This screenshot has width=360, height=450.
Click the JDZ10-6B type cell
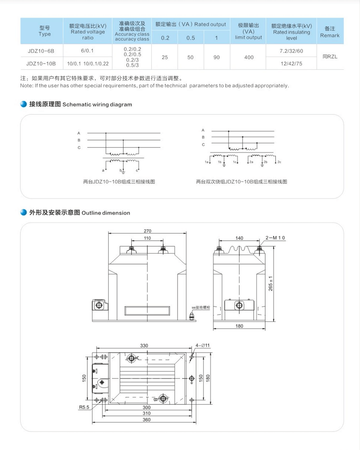[x=41, y=51]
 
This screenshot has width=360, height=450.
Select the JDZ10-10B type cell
[x=41, y=63]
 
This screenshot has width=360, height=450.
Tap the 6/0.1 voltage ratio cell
[x=87, y=51]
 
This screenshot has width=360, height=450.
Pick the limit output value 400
[x=249, y=57]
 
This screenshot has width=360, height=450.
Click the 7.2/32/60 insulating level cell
[x=291, y=51]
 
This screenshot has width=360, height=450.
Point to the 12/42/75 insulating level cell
[x=291, y=63]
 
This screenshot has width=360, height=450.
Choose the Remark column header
[x=330, y=32]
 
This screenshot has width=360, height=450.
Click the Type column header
[x=45, y=31]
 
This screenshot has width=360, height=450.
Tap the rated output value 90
[x=216, y=57]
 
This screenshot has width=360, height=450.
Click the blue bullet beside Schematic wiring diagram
[x=24, y=104]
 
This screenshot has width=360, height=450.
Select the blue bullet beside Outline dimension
[x=24, y=213]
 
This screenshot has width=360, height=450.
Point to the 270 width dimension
[x=147, y=231]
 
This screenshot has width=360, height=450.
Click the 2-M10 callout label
[x=275, y=238]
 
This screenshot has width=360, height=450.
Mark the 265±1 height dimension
[x=271, y=284]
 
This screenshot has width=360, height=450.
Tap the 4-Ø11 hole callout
[x=203, y=345]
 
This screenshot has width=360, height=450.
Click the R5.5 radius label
[x=84, y=407]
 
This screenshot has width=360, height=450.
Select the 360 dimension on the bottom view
[x=147, y=420]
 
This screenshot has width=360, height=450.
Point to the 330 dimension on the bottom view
[x=144, y=345]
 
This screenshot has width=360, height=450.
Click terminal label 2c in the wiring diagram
[x=279, y=162]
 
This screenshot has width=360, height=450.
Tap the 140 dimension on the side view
[x=239, y=238]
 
